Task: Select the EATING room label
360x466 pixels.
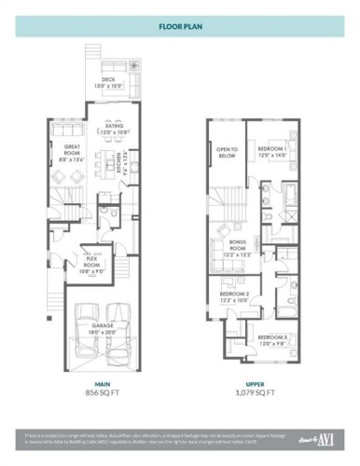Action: pyautogui.click(x=116, y=130)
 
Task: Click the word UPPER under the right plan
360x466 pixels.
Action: pyautogui.click(x=255, y=383)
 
